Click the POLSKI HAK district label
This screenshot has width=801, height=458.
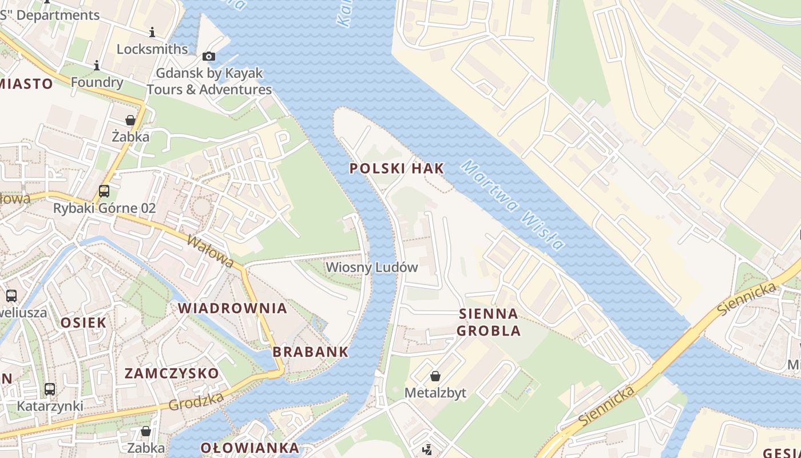point(396,168)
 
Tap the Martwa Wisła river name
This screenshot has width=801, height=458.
point(513,205)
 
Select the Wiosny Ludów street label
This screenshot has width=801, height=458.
point(372,267)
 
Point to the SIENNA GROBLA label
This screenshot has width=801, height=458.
point(489,322)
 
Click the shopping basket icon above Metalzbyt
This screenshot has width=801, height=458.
point(435,376)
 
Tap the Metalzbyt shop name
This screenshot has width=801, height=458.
point(435,393)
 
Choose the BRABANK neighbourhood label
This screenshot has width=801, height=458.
point(311,352)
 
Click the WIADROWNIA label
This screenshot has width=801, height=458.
point(232,308)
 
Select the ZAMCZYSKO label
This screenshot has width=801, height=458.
point(172,373)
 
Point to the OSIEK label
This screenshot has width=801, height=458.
point(84,322)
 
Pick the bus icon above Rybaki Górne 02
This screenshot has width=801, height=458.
point(104,191)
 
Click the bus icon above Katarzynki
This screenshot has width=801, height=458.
point(50,389)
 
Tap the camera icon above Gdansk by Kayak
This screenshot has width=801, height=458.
point(209,56)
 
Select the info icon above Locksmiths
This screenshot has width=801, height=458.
point(152,33)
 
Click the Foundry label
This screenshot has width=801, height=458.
point(97,82)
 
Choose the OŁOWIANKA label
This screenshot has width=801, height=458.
point(250,448)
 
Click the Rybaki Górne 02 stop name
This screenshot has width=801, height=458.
point(104,208)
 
